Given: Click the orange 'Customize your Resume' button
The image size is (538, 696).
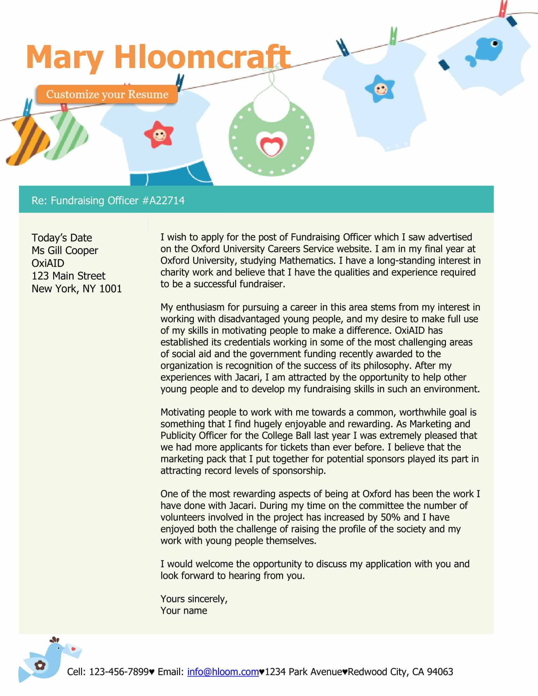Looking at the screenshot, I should pyautogui.click(x=107, y=94).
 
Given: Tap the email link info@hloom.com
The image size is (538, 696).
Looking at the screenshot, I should pyautogui.click(x=223, y=672).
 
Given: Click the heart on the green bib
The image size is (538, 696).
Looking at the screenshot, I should pyautogui.click(x=272, y=144).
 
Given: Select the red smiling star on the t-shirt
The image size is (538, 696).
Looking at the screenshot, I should pyautogui.click(x=159, y=134).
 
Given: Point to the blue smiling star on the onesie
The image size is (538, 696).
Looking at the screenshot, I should pyautogui.click(x=380, y=88).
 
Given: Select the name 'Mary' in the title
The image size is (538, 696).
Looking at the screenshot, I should pyautogui.click(x=65, y=57).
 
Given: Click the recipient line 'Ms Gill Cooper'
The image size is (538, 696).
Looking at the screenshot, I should pyautogui.click(x=65, y=251).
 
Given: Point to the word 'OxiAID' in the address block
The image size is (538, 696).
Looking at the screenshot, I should pyautogui.click(x=48, y=263).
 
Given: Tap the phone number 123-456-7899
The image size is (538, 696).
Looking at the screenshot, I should pyautogui.click(x=119, y=672).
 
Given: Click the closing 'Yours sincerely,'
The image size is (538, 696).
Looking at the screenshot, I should pyautogui.click(x=194, y=599).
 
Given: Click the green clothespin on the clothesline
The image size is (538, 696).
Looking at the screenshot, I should pyautogui.click(x=393, y=36).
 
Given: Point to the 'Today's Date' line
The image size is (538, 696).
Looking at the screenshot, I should pyautogui.click(x=62, y=238).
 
